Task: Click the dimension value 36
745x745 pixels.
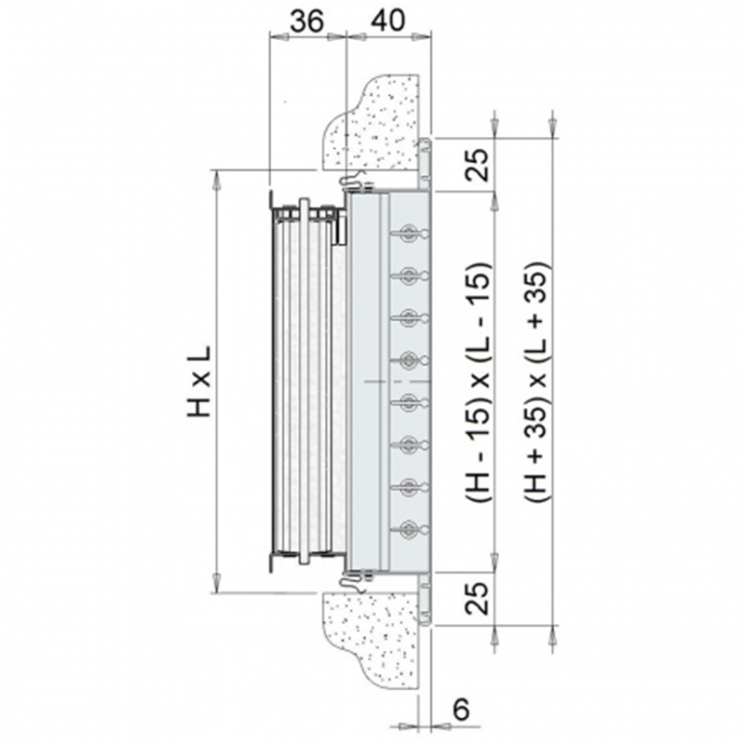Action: (307, 21)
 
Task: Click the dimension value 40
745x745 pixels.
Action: (387, 21)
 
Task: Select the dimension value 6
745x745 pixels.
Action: (461, 710)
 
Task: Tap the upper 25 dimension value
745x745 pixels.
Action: (478, 165)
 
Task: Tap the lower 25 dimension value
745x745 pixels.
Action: (478, 598)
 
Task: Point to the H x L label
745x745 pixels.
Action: (199, 382)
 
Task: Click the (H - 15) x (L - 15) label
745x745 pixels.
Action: (479, 382)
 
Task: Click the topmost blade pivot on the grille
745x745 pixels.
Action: (409, 234)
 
